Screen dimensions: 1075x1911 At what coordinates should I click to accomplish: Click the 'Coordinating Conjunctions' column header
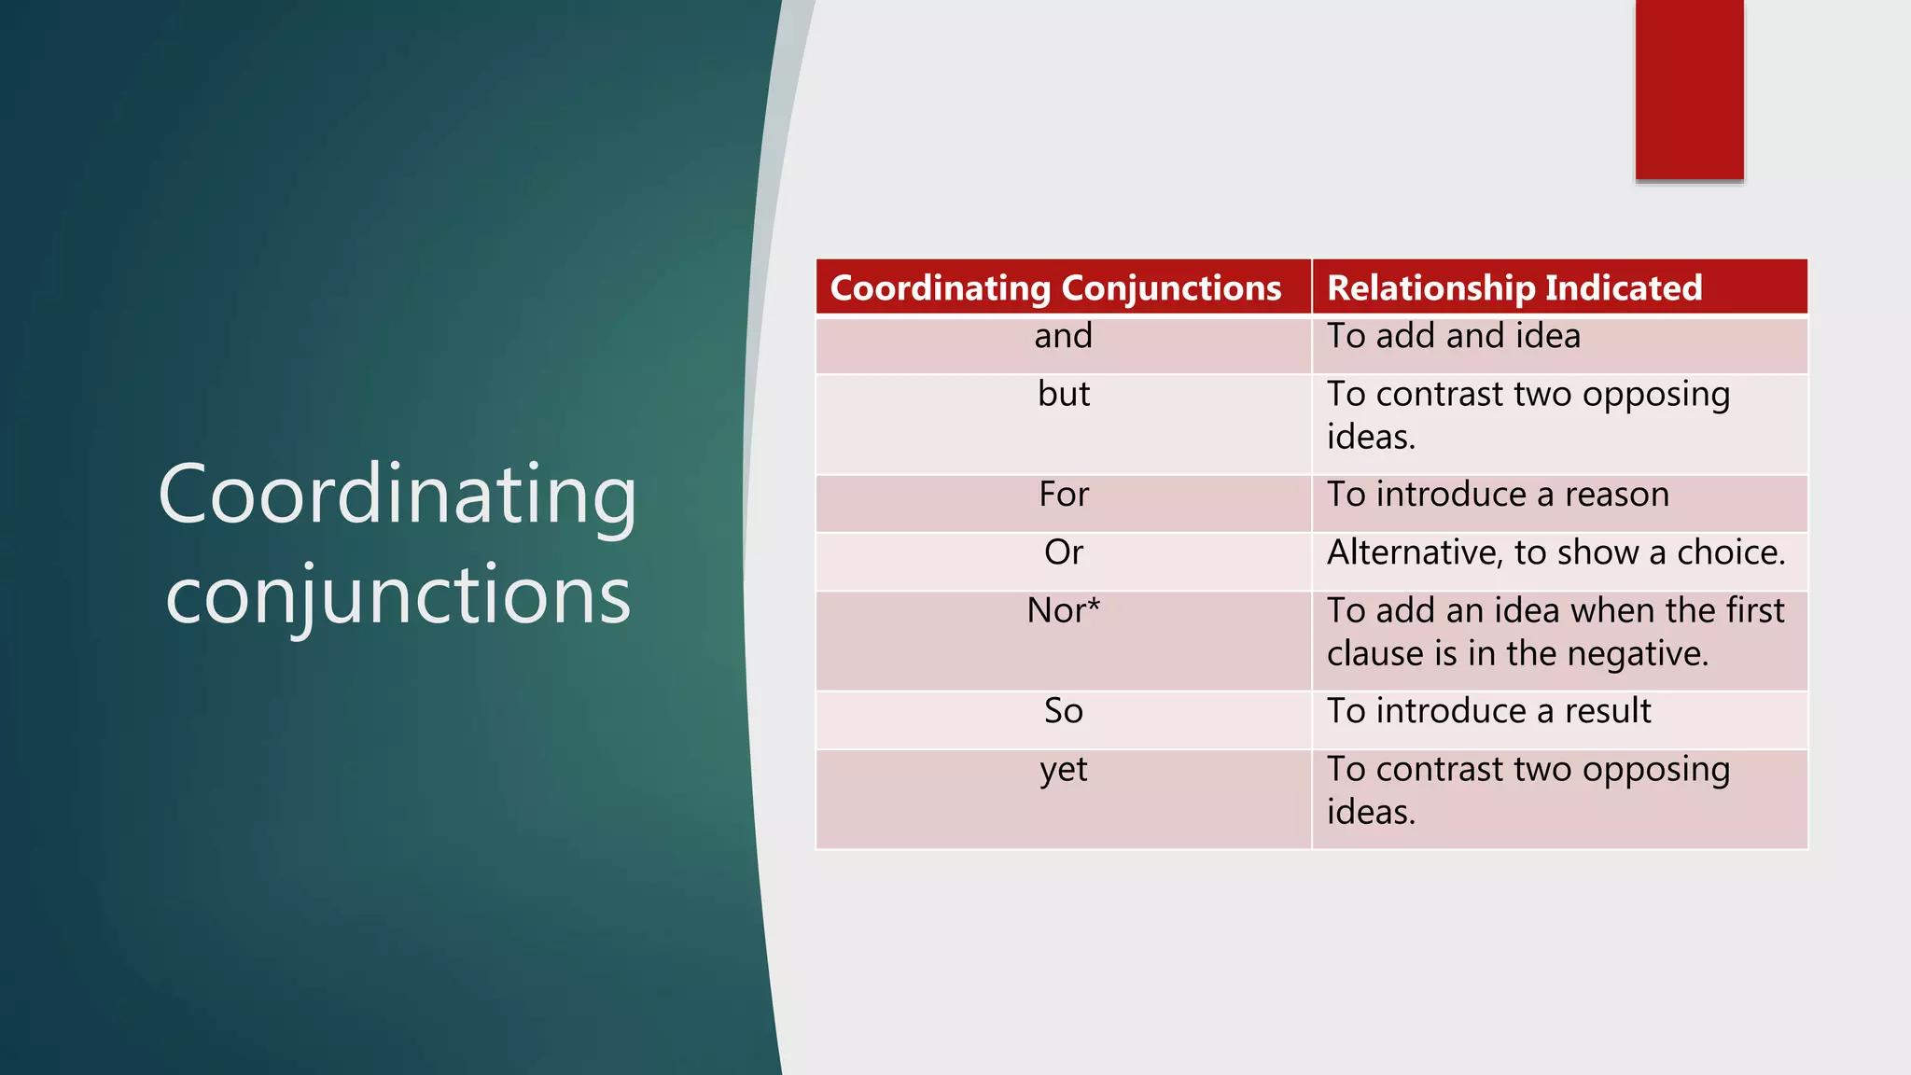1055,288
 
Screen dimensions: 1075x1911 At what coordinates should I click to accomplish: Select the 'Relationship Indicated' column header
1514,288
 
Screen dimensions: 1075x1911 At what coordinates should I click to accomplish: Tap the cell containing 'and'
1063,337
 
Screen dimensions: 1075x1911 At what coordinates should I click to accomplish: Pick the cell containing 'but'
1064,395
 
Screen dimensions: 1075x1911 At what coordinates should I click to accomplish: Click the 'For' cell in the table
1064,495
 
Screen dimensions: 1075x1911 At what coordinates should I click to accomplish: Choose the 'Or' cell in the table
1064,552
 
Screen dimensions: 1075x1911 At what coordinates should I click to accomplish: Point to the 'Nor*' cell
1064,611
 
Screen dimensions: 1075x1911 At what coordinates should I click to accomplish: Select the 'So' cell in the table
1064,711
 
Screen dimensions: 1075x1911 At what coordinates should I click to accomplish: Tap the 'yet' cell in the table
1064,770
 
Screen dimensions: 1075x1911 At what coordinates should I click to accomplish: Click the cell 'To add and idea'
1454,337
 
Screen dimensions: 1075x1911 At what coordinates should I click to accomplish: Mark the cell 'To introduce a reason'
1498,495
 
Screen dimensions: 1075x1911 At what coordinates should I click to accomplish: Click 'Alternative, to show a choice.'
1555,552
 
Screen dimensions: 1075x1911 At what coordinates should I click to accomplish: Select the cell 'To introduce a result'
1489,711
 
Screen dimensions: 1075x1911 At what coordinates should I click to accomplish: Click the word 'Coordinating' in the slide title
398,495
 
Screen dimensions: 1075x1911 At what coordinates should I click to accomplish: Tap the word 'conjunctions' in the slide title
398,595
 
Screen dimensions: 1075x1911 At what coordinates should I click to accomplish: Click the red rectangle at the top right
1689,90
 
